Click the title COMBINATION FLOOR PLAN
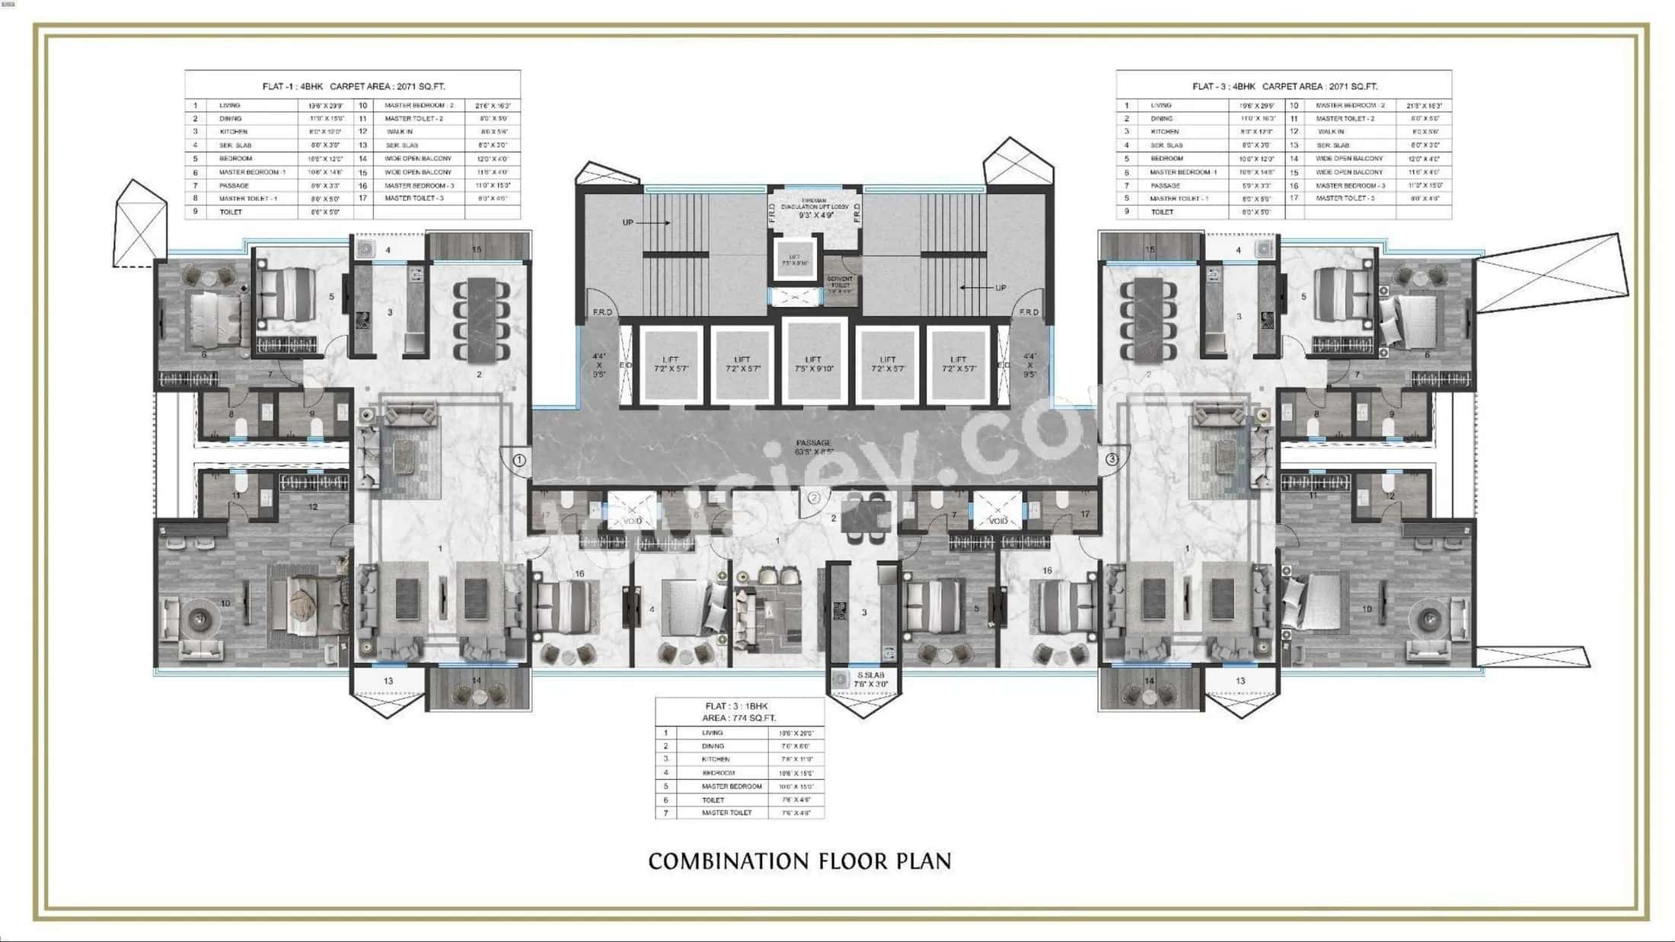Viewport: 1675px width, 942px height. point(799,861)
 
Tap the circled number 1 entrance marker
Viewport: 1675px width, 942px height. point(519,460)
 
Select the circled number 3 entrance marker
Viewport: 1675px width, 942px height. point(1112,459)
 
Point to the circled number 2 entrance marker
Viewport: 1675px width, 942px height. point(813,498)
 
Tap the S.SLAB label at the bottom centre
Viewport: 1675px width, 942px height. point(871,675)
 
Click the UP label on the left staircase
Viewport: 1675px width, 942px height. point(628,222)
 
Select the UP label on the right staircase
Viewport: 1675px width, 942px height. point(1000,288)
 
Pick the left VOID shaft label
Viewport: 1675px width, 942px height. point(633,521)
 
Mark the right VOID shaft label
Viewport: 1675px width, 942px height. point(997,521)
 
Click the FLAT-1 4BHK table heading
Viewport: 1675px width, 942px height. point(353,86)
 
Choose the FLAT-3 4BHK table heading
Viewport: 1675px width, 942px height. point(1284,86)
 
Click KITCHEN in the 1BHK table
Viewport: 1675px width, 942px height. point(716,759)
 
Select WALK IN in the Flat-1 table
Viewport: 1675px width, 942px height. point(399,132)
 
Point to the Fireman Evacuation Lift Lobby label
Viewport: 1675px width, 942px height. point(815,206)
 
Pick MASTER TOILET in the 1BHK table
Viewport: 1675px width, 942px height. point(726,813)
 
